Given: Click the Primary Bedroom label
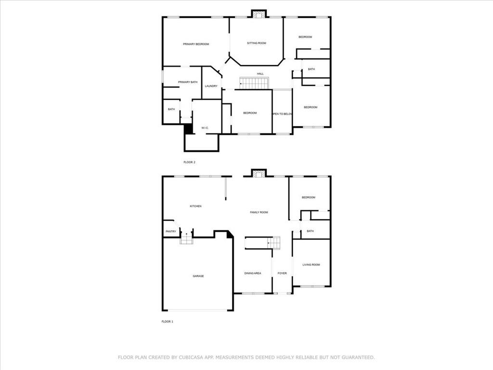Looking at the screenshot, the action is click(196, 44).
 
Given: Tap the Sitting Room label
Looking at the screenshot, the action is click(257, 43).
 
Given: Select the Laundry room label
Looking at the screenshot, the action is click(211, 86).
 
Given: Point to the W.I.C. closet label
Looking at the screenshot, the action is click(205, 128).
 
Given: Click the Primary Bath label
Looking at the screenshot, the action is click(188, 82).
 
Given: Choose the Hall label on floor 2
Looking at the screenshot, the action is click(260, 74).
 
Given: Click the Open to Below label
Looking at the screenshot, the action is click(282, 114).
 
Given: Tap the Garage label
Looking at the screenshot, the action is click(198, 276).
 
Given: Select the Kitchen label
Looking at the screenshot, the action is click(195, 206).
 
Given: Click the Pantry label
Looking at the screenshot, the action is click(171, 232).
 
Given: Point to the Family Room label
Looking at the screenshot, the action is click(259, 212).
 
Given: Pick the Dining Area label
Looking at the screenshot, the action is click(253, 273).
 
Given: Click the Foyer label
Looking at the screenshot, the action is click(282, 273).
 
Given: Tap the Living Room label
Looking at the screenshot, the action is click(311, 264).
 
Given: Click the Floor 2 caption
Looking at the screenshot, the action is click(189, 162).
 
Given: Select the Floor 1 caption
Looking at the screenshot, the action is click(167, 321).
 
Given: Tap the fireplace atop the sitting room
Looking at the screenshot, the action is click(259, 14).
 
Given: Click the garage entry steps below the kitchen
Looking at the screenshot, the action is click(186, 240).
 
